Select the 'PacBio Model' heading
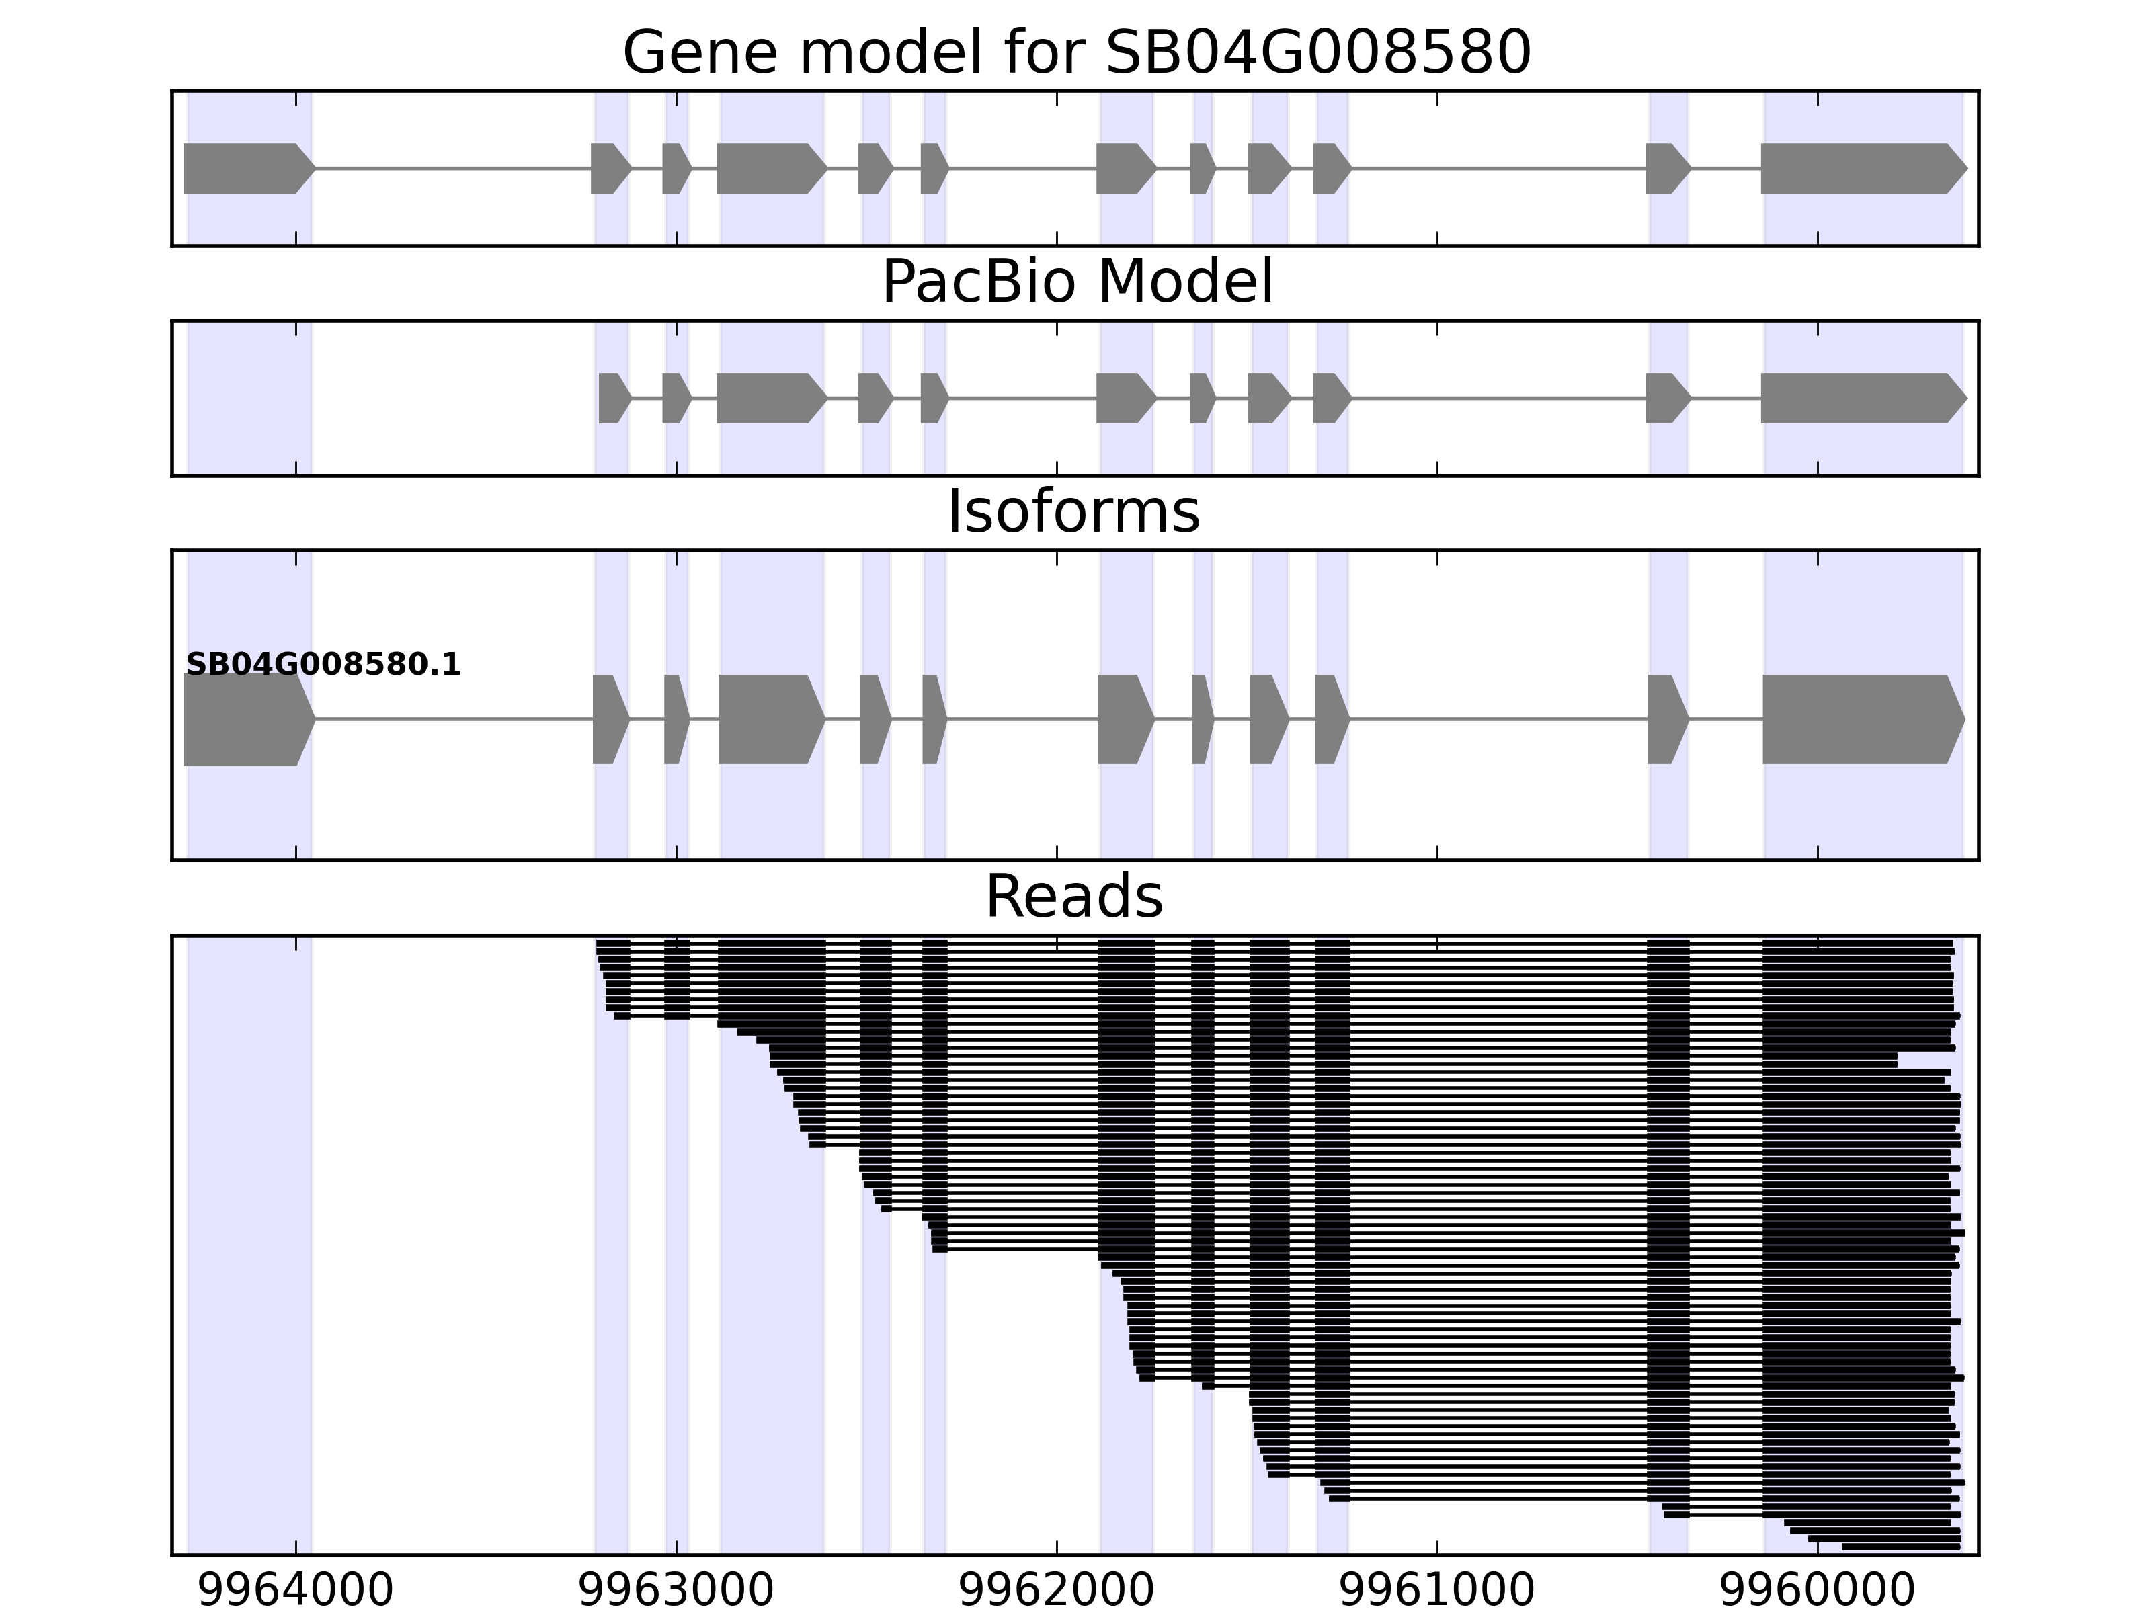click(1076, 282)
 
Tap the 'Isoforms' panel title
click(1073, 512)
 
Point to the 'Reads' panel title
click(1073, 897)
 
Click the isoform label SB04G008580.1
click(323, 665)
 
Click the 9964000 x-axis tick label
click(296, 1591)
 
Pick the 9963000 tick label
click(676, 1591)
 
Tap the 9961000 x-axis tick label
click(1437, 1591)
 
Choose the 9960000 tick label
click(1818, 1591)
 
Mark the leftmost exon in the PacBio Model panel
click(612, 398)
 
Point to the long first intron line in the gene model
click(452, 168)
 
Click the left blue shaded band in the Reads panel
click(249, 1245)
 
